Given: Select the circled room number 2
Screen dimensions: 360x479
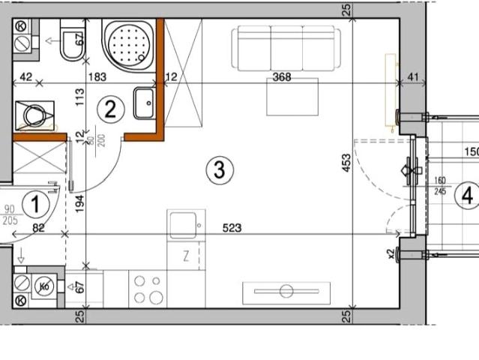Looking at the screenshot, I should point(110,111).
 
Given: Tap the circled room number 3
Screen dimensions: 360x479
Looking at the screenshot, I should point(218,170).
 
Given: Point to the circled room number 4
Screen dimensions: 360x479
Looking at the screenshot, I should point(468,196).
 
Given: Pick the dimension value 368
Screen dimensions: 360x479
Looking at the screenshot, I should point(282,76).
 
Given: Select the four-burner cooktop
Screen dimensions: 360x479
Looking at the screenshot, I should point(148,289).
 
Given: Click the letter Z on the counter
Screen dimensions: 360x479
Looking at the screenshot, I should point(185,256).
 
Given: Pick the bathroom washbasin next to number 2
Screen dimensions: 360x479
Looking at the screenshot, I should point(144,103).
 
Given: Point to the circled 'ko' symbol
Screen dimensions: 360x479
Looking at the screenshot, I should point(45,286).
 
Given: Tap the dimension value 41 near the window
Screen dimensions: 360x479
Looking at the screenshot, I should point(412,76).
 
